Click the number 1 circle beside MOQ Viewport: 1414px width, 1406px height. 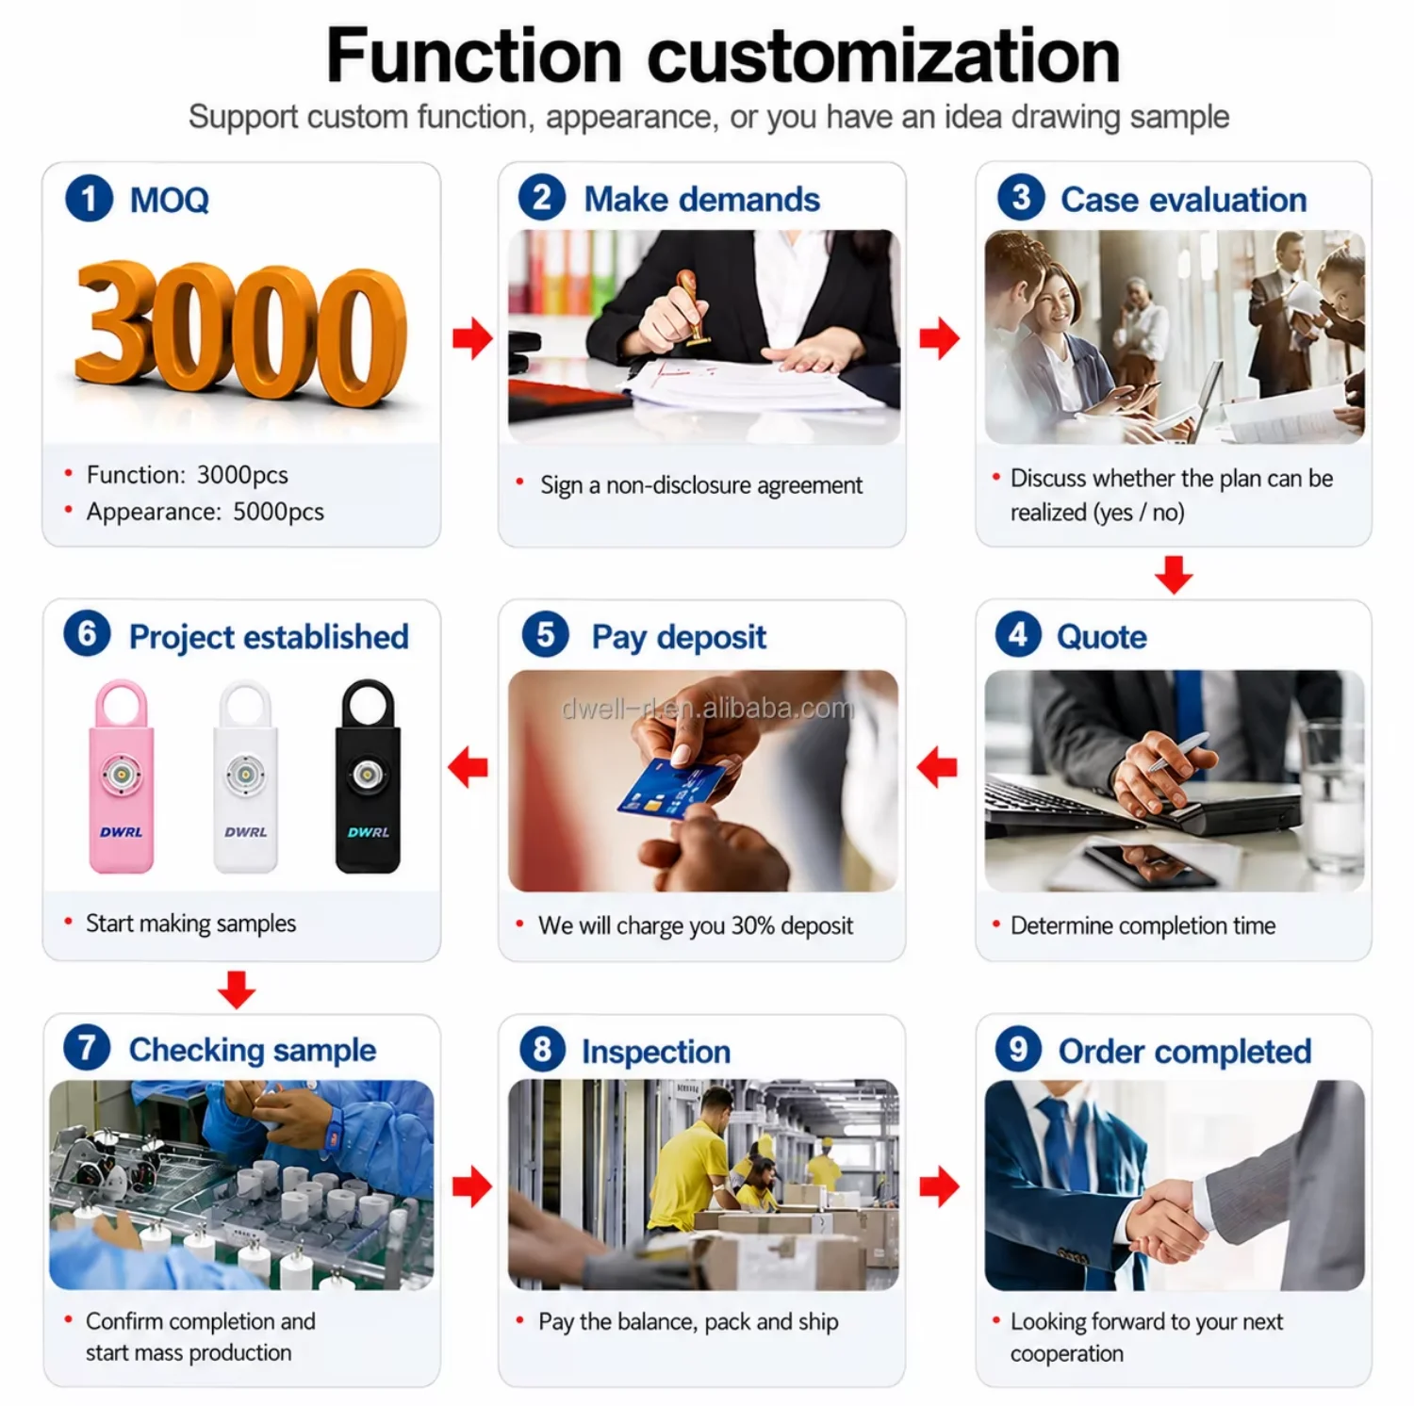pyautogui.click(x=89, y=199)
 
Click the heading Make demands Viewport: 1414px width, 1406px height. pyautogui.click(x=701, y=200)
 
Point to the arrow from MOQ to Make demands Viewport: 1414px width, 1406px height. pyautogui.click(x=472, y=338)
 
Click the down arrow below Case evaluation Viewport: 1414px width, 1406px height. pyautogui.click(x=1174, y=575)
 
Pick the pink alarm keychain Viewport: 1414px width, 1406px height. pyautogui.click(x=122, y=776)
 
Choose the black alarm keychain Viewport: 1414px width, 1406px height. pyautogui.click(x=368, y=776)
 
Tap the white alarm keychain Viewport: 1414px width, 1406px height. pyautogui.click(x=245, y=776)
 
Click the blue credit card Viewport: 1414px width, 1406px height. pyautogui.click(x=670, y=790)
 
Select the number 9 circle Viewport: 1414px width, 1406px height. pyautogui.click(x=1018, y=1049)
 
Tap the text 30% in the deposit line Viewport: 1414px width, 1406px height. pyautogui.click(x=752, y=925)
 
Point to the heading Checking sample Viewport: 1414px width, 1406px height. pyautogui.click(x=253, y=1050)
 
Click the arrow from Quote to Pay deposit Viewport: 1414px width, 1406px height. pyautogui.click(x=937, y=767)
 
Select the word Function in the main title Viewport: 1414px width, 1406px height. pyautogui.click(x=473, y=57)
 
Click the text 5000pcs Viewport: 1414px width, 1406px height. pyautogui.click(x=278, y=512)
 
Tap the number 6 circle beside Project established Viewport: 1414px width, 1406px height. pyautogui.click(x=87, y=634)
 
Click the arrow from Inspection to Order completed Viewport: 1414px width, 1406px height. pyautogui.click(x=939, y=1186)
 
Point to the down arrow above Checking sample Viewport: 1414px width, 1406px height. pyautogui.click(x=236, y=989)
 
